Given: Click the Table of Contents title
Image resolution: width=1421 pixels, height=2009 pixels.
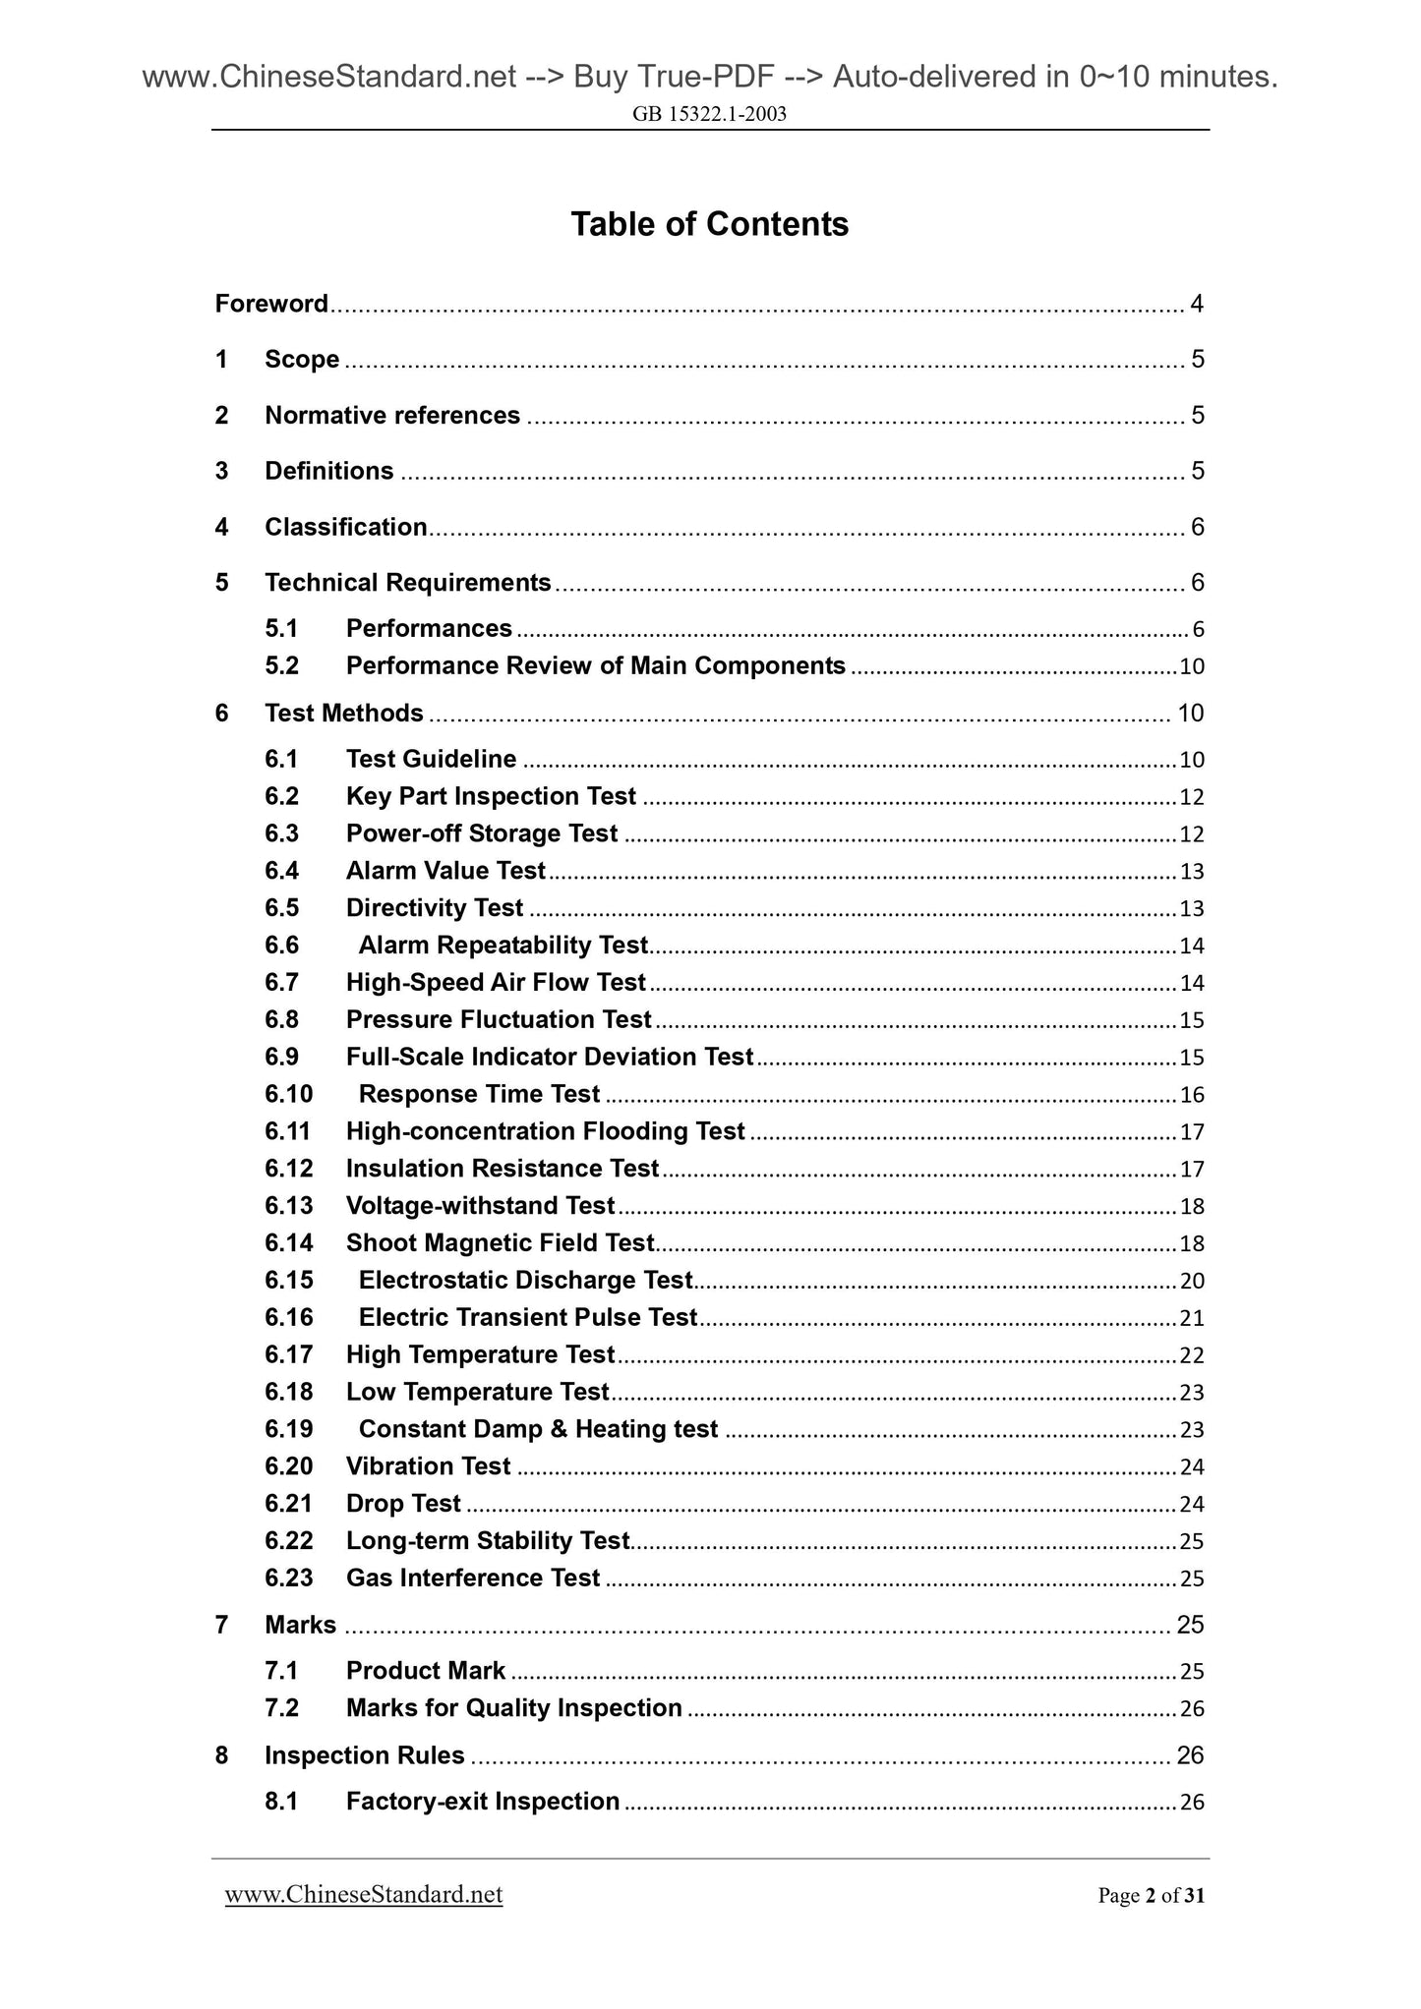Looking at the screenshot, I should click(709, 224).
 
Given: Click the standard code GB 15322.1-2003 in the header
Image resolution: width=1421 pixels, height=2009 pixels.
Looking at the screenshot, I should click(709, 114).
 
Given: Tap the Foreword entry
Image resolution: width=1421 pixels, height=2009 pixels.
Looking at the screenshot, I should click(271, 304).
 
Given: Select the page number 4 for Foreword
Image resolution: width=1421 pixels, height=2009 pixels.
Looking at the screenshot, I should click(1196, 304).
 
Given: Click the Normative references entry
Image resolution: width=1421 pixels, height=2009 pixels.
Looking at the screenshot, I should click(392, 416).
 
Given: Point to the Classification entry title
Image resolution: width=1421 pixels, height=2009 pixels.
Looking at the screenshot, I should click(346, 528).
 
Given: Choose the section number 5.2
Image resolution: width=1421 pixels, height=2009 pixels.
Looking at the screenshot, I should click(281, 666).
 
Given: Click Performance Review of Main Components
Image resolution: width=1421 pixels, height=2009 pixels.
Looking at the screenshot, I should click(595, 666).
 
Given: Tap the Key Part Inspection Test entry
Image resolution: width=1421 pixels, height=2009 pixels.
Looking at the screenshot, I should click(491, 796).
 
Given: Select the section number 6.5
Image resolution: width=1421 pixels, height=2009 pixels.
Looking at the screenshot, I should click(281, 908).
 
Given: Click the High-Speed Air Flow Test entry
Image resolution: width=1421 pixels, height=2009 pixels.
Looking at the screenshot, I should click(496, 983).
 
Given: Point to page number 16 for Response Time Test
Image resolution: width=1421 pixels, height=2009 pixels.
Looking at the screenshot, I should click(1192, 1095).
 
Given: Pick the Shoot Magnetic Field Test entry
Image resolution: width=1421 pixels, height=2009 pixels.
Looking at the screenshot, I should click(500, 1243).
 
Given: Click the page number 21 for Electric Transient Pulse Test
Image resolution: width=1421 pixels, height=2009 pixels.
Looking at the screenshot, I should click(1192, 1318).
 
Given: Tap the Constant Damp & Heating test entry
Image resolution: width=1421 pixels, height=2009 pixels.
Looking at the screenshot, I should click(538, 1429).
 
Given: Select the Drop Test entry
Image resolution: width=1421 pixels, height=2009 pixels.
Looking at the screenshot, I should click(403, 1504).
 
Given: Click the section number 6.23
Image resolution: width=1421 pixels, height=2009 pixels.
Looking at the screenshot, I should click(288, 1578).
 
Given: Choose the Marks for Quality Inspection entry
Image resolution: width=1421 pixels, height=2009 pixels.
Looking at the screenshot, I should click(513, 1708).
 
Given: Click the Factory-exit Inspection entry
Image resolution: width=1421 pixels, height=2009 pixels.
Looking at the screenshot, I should click(483, 1802).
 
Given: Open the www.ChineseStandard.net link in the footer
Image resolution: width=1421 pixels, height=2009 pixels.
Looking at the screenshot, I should click(364, 1895).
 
